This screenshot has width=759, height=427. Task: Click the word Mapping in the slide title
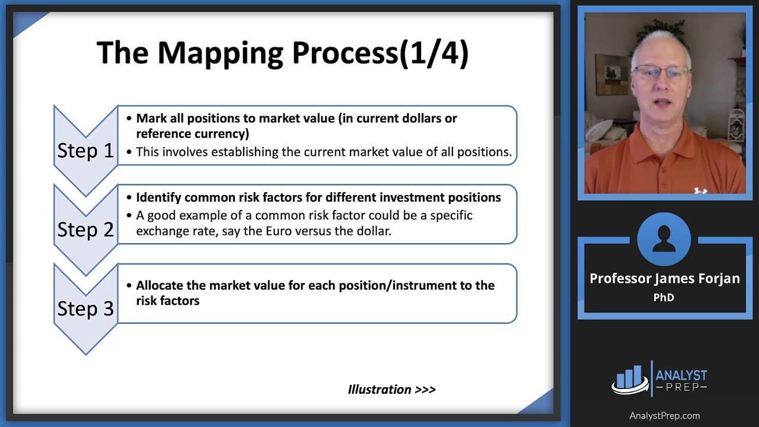click(x=220, y=53)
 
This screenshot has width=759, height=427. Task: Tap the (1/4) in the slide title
click(x=433, y=53)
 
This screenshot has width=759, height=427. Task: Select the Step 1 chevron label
click(x=85, y=151)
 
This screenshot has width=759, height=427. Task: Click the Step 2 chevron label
click(x=85, y=230)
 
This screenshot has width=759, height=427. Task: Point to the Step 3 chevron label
click(x=85, y=309)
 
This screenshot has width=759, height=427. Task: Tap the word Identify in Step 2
click(x=158, y=197)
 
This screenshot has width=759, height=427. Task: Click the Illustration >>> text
click(x=392, y=390)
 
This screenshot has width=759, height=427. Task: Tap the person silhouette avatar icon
click(x=664, y=239)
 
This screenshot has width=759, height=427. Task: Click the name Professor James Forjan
click(x=665, y=279)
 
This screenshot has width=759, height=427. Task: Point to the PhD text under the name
click(x=664, y=298)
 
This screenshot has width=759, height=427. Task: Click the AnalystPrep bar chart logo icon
click(x=630, y=380)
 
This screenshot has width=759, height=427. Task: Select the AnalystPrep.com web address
click(x=665, y=416)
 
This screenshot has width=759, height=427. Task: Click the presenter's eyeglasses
click(x=661, y=72)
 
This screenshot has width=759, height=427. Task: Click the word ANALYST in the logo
click(x=681, y=375)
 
